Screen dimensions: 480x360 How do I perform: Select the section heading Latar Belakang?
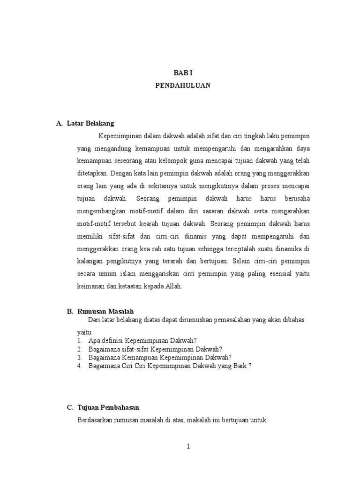[x=90, y=123]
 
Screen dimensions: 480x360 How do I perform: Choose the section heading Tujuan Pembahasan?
[x=108, y=407]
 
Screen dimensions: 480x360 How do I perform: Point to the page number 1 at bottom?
[x=188, y=446]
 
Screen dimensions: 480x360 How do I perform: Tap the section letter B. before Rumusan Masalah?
[x=69, y=311]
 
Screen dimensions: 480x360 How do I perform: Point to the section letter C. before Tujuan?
[x=70, y=407]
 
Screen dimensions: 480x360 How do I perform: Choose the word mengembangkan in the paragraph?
[x=101, y=211]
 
